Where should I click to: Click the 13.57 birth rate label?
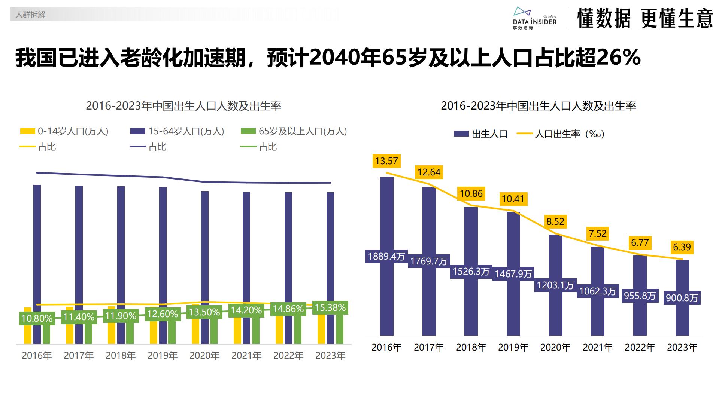click(x=386, y=161)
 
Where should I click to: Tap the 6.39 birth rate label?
click(x=682, y=247)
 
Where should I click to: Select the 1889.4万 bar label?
click(x=386, y=256)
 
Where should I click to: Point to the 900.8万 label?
click(x=682, y=298)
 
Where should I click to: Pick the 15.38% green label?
click(x=330, y=307)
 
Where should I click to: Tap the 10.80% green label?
click(x=37, y=318)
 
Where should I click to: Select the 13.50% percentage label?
click(x=204, y=312)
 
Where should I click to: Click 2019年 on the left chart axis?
click(x=163, y=355)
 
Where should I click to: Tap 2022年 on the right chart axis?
click(x=640, y=348)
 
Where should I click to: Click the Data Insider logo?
click(x=534, y=18)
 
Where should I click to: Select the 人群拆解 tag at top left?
click(x=30, y=15)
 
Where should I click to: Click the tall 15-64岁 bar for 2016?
click(x=37, y=262)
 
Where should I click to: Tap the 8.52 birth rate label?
click(x=555, y=221)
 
